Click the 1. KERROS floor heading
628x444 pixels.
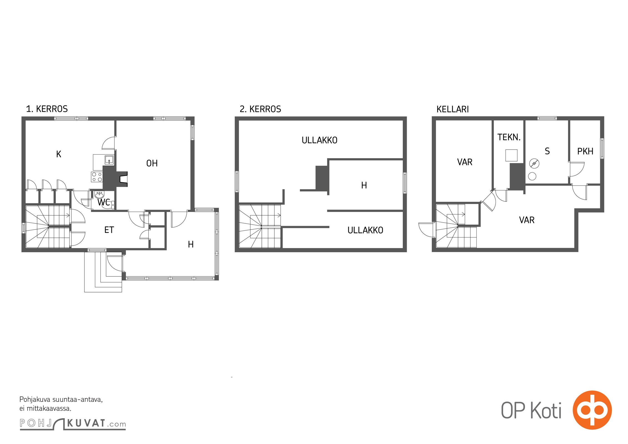pyautogui.click(x=47, y=109)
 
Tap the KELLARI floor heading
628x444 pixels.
pyautogui.click(x=453, y=109)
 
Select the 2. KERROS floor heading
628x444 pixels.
pyautogui.click(x=260, y=109)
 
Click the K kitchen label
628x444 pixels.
pyautogui.click(x=59, y=154)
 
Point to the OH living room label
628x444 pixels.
pyautogui.click(x=152, y=163)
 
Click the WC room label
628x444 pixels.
pyautogui.click(x=104, y=202)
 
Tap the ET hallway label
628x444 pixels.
pyautogui.click(x=109, y=230)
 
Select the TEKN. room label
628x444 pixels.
pyautogui.click(x=509, y=137)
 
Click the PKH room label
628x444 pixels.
pyautogui.click(x=585, y=151)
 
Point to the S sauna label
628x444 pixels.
pyautogui.click(x=547, y=151)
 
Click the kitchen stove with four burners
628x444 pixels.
pyautogui.click(x=97, y=177)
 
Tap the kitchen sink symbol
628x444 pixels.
pyautogui.click(x=109, y=160)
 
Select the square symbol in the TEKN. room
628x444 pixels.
pyautogui.click(x=511, y=155)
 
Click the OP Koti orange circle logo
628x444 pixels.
pyautogui.click(x=592, y=410)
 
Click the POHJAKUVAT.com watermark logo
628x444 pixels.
pyautogui.click(x=73, y=423)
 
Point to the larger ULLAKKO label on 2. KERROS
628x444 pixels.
pyautogui.click(x=319, y=140)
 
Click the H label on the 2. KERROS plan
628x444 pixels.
pyautogui.click(x=364, y=185)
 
